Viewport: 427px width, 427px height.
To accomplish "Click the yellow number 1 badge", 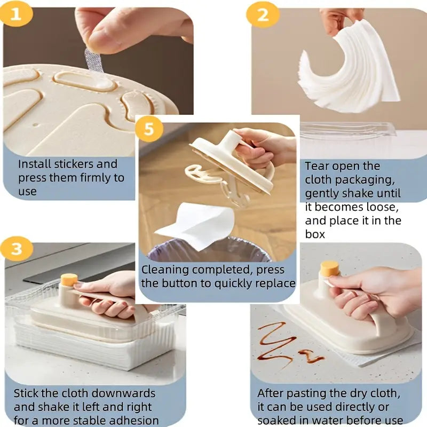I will (15, 14).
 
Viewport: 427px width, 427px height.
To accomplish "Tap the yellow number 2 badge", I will (262, 14).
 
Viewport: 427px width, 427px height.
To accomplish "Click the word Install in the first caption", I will (36, 164).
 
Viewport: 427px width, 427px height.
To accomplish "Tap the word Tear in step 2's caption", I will (317, 165).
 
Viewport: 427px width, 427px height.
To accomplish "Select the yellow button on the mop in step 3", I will (69, 280).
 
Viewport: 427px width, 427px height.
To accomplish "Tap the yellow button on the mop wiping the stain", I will (329, 268).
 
